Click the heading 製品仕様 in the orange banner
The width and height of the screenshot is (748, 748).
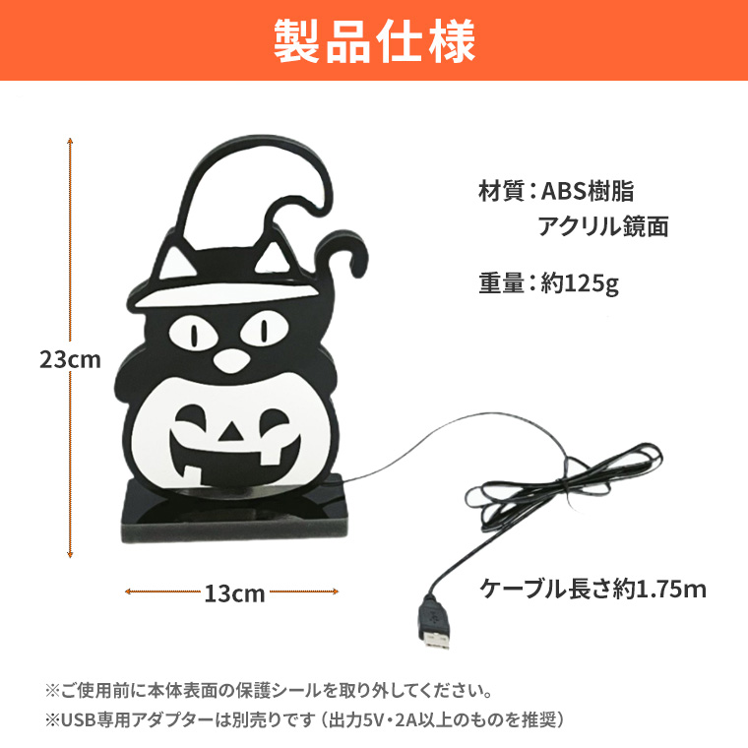tap(374, 40)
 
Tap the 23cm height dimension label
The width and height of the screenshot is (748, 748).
tap(70, 359)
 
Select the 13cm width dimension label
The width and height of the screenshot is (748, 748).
tap(234, 593)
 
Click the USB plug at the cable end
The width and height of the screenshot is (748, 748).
tap(434, 624)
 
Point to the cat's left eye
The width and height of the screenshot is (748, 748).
tap(194, 333)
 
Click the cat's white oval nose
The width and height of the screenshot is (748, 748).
tap(232, 360)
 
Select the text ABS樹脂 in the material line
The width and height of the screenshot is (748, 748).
tap(588, 191)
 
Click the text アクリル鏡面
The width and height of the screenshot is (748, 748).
tap(603, 226)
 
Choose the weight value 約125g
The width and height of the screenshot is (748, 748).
tap(580, 283)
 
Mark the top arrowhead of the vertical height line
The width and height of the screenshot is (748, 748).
tap(70, 141)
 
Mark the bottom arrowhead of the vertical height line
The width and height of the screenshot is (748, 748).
tap(70, 554)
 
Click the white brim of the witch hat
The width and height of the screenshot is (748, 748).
tap(225, 292)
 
